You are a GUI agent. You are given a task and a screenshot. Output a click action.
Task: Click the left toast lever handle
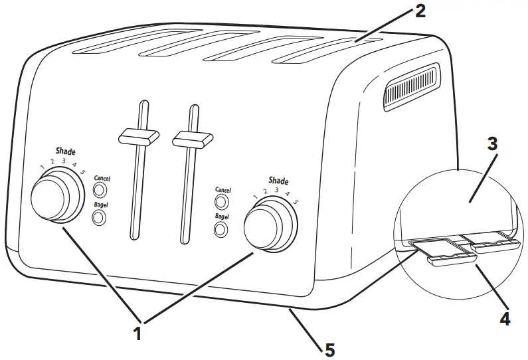(137, 137)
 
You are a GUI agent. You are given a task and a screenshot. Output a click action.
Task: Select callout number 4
(505, 319)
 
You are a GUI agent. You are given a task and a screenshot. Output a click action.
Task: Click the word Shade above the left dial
(65, 151)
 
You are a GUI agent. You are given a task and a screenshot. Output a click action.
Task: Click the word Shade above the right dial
(278, 181)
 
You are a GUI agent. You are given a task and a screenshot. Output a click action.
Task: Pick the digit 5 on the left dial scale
(83, 172)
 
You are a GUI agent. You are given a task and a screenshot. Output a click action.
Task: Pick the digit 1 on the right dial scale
(255, 197)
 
